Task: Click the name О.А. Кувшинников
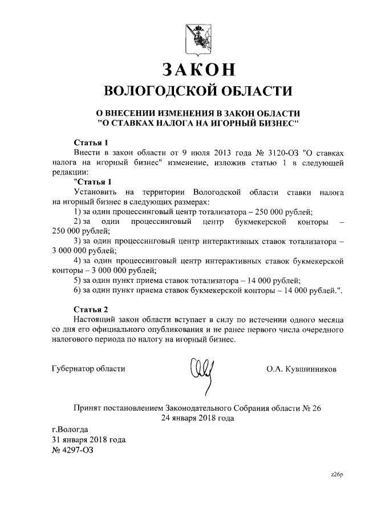pos(301,369)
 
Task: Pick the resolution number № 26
pos(310,408)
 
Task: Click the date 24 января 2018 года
pos(197,418)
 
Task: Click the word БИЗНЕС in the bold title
pos(271,123)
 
